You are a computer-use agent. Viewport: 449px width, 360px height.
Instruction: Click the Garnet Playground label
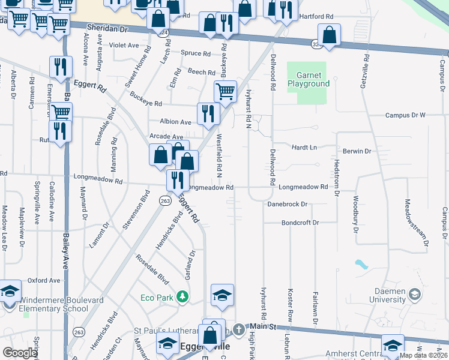pos(312,80)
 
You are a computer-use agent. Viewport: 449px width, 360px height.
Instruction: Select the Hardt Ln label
pos(304,147)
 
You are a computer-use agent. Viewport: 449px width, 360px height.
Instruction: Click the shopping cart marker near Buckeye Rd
pos(225,92)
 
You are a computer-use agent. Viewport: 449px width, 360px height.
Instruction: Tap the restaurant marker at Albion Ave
pos(207,113)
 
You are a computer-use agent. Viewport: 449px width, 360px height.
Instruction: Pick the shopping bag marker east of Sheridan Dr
pos(329,34)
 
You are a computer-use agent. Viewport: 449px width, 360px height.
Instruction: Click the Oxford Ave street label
pos(44,280)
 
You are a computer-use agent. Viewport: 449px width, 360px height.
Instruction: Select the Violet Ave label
pos(124,44)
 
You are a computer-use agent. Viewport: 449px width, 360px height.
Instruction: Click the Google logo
pos(19,353)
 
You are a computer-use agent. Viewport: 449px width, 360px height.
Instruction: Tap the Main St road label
pos(262,326)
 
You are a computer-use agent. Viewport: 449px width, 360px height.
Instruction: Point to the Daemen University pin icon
pos(414,294)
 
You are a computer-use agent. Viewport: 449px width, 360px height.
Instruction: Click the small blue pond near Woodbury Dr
pos(361,263)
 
